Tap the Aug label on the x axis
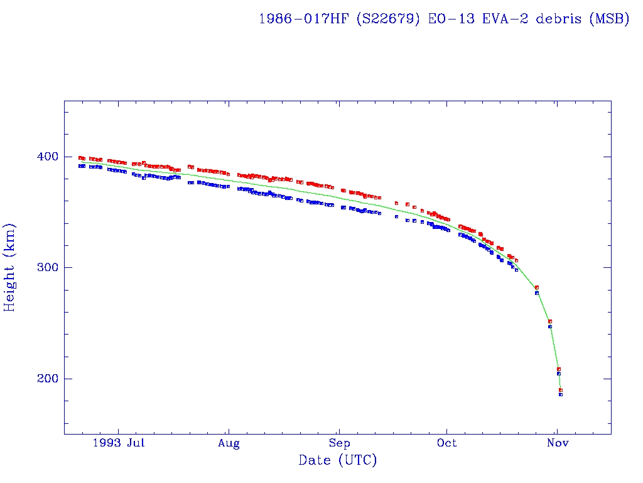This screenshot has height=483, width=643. click(x=229, y=444)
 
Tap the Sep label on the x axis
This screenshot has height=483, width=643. click(x=339, y=444)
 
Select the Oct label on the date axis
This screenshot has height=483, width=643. click(x=446, y=444)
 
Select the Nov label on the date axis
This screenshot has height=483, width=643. click(x=558, y=444)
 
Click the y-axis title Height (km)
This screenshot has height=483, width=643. click(x=10, y=267)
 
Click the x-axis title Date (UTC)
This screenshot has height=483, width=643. click(x=338, y=461)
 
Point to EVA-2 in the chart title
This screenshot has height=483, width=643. click(x=504, y=19)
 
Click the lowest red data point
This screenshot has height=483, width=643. click(x=561, y=390)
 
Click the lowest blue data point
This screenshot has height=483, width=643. click(x=561, y=394)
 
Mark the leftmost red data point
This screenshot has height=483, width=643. click(x=80, y=158)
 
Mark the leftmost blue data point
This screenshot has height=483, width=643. click(x=80, y=166)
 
